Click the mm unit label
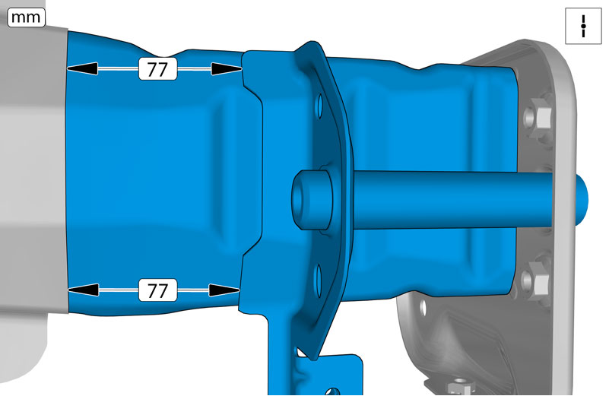(x=26, y=17)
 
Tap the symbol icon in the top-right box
(x=583, y=26)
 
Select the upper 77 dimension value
(x=157, y=69)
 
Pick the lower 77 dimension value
(x=157, y=290)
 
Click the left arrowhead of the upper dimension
(x=82, y=68)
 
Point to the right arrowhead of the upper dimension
(x=227, y=68)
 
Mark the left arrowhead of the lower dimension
(x=83, y=290)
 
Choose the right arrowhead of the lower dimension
(x=224, y=290)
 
